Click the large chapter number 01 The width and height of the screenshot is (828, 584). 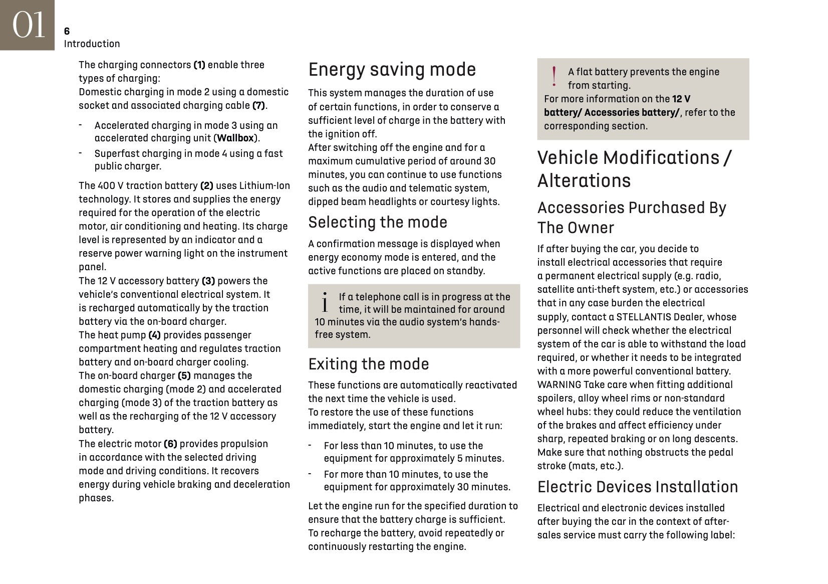[x=28, y=25]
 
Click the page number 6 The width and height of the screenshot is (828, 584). [x=67, y=32]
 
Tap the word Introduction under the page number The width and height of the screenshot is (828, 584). [x=92, y=44]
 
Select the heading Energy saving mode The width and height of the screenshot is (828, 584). [x=392, y=70]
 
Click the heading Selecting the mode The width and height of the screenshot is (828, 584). [x=378, y=222]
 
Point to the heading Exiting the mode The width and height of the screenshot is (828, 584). [x=368, y=364]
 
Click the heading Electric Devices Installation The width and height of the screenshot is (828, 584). [x=637, y=487]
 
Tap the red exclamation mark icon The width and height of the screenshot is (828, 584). [x=554, y=77]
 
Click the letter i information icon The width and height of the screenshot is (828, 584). [x=325, y=302]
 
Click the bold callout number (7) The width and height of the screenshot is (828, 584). [x=258, y=106]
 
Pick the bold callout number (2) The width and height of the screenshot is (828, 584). [x=206, y=186]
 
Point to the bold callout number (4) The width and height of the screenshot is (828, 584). [x=154, y=335]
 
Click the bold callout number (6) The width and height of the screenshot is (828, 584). [x=170, y=444]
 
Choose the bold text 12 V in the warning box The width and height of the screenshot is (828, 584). [x=681, y=99]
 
